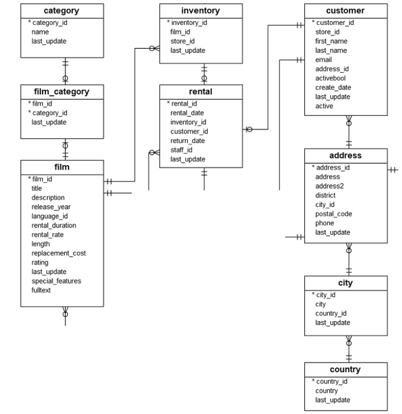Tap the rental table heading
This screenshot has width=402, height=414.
(201, 91)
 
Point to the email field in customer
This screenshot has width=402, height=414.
(324, 60)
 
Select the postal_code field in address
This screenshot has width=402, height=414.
(333, 214)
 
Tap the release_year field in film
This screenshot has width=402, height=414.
(51, 207)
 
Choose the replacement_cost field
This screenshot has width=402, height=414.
(58, 253)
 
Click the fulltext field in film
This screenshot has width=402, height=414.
(41, 290)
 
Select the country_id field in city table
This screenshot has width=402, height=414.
(331, 313)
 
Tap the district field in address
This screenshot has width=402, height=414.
(324, 195)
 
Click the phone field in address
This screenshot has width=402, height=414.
(324, 223)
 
